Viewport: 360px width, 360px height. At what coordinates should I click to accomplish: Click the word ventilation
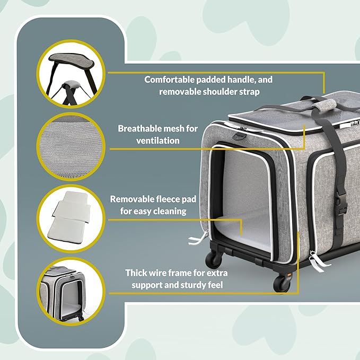[158, 141]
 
